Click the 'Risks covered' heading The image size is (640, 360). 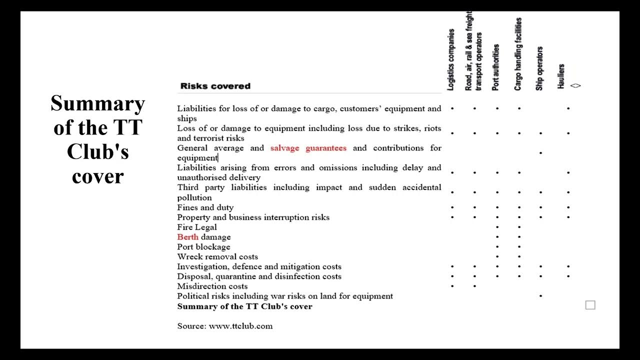[215, 86]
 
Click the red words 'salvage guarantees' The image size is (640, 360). [308, 148]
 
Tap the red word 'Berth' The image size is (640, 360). [187, 237]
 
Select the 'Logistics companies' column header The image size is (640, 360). [451, 60]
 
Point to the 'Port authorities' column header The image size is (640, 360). [495, 67]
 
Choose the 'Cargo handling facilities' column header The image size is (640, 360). [518, 54]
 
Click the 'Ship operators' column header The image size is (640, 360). [539, 68]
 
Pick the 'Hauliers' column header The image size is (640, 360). [561, 76]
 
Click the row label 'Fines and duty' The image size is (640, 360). [205, 207]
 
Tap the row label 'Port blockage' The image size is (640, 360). [203, 247]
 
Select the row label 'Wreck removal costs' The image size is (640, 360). [217, 257]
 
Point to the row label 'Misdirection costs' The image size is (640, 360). [212, 286]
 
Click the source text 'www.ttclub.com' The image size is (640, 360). [240, 326]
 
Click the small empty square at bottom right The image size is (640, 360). [590, 305]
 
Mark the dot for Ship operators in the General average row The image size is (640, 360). [540, 152]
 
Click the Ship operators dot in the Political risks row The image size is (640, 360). [540, 296]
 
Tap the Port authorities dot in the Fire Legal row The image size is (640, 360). [497, 227]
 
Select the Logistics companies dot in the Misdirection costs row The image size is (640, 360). [452, 286]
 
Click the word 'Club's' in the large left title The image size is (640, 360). [98, 152]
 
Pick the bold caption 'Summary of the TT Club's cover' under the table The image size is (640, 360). [244, 306]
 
